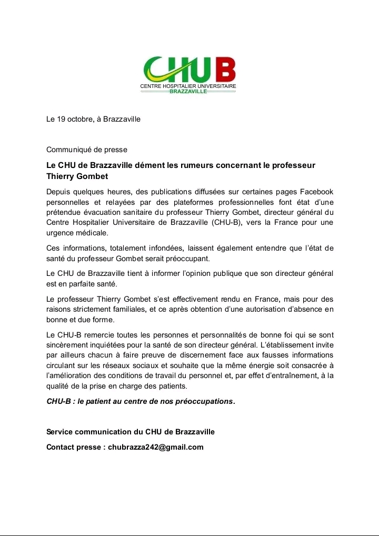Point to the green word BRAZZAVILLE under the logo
click(x=188, y=91)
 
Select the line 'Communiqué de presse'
click(x=87, y=150)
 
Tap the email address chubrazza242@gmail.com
click(x=155, y=447)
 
